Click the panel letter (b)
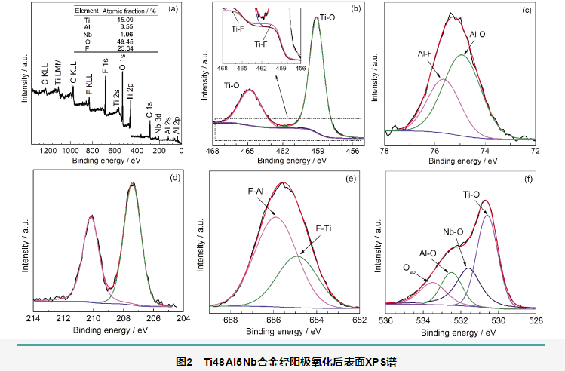[355, 8]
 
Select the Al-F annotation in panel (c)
[428, 54]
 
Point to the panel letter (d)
[175, 179]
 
